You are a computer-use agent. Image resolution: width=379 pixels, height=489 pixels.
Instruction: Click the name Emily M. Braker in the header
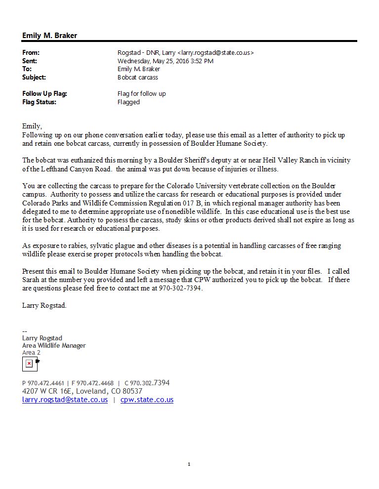click(x=49, y=36)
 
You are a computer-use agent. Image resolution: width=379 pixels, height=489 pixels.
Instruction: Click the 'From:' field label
click(x=31, y=52)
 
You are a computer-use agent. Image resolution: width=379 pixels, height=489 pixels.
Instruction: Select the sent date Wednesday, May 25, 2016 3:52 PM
click(x=165, y=61)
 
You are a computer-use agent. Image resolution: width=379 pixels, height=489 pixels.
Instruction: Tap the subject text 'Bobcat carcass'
click(x=137, y=78)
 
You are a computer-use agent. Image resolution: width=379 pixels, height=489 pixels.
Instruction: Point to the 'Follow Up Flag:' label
click(x=44, y=93)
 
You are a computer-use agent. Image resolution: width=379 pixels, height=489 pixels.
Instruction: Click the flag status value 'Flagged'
click(x=128, y=102)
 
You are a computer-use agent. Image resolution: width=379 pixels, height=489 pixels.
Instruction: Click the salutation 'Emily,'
click(x=32, y=126)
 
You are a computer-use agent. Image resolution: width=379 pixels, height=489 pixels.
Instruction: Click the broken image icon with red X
click(x=29, y=364)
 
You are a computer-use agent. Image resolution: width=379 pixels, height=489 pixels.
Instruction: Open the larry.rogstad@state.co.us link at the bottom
click(x=65, y=400)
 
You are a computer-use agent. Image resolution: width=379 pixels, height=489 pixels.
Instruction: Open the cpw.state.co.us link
click(x=147, y=400)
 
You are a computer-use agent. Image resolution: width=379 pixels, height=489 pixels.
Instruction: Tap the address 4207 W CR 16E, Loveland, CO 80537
click(x=82, y=391)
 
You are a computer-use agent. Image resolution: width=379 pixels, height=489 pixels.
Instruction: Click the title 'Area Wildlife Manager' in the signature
click(x=54, y=345)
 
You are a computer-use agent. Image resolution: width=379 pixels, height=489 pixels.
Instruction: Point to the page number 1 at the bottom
click(x=189, y=464)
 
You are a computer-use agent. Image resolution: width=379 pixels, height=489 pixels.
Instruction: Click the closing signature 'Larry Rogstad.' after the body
click(x=44, y=305)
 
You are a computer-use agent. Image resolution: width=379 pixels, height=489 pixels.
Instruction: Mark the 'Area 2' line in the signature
click(x=31, y=353)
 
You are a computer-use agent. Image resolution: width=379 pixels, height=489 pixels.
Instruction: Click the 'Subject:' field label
click(x=34, y=78)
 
